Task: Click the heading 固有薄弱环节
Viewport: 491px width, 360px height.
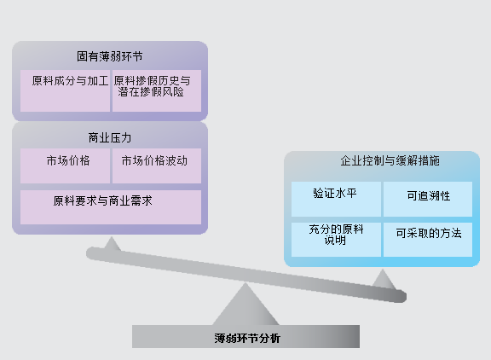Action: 110,56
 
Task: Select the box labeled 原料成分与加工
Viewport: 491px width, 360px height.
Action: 65,91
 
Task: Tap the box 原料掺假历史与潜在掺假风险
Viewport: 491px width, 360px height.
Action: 157,91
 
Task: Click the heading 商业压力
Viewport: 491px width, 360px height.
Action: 110,138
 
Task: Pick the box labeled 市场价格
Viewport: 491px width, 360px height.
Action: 65,165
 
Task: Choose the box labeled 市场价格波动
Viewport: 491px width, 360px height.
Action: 157,165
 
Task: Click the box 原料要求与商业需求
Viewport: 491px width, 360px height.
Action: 111,207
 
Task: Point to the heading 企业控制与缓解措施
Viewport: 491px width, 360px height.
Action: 390,160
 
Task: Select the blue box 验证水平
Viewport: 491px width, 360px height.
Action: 336,199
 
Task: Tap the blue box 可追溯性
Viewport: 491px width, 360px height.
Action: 428,199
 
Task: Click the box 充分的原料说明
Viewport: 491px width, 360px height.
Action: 336,240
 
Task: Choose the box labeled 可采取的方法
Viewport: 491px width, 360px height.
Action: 428,240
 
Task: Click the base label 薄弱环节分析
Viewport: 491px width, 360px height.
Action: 247,339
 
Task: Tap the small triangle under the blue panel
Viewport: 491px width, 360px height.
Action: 384,280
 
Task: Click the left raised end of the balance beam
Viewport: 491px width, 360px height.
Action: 91,253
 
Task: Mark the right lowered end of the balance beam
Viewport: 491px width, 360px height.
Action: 401,296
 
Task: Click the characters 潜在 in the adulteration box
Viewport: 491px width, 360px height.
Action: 129,92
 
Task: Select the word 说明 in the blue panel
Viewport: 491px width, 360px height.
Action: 335,241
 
